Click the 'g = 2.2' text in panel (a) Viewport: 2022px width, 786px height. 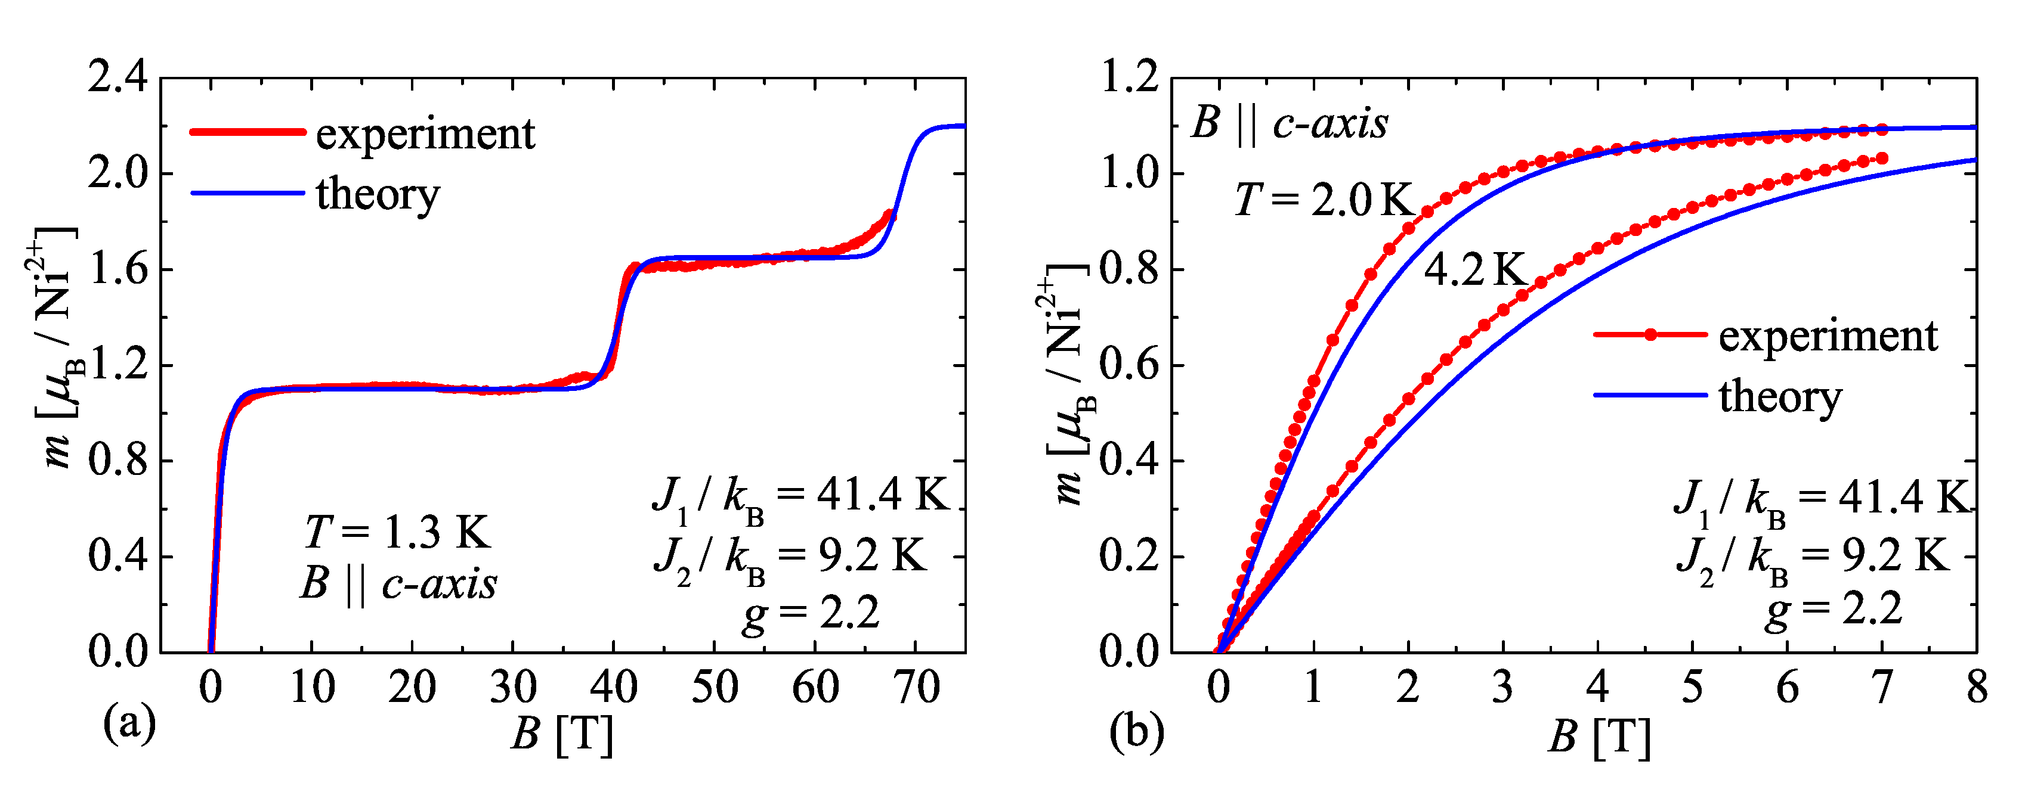click(811, 613)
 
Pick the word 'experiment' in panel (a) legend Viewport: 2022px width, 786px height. click(425, 133)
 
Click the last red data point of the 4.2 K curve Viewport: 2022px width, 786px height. click(1881, 159)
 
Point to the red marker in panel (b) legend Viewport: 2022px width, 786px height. click(1650, 335)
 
